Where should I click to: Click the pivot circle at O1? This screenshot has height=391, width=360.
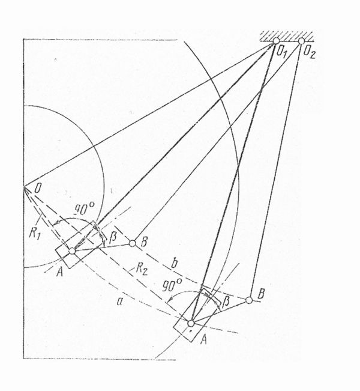click(x=276, y=41)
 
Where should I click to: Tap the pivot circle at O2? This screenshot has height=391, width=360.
click(x=301, y=41)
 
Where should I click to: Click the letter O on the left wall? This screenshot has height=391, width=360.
click(x=37, y=188)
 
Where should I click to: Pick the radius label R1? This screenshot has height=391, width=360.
click(x=34, y=233)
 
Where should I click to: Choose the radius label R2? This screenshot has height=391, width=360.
click(x=141, y=269)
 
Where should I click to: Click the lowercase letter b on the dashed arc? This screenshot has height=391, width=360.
click(x=175, y=264)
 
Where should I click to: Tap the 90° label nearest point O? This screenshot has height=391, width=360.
click(x=84, y=209)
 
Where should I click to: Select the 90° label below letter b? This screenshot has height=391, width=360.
click(x=172, y=285)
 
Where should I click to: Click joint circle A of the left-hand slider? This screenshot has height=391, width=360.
click(x=72, y=251)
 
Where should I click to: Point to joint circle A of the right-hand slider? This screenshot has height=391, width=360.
click(x=191, y=323)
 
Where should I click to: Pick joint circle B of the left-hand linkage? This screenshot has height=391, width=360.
click(x=133, y=243)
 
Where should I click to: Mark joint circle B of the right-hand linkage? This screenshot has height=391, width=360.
click(x=249, y=300)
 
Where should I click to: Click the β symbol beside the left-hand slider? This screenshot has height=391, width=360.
click(x=113, y=238)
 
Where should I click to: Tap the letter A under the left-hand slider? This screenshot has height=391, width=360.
click(x=59, y=272)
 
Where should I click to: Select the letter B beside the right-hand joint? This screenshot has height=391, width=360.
click(x=260, y=294)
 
